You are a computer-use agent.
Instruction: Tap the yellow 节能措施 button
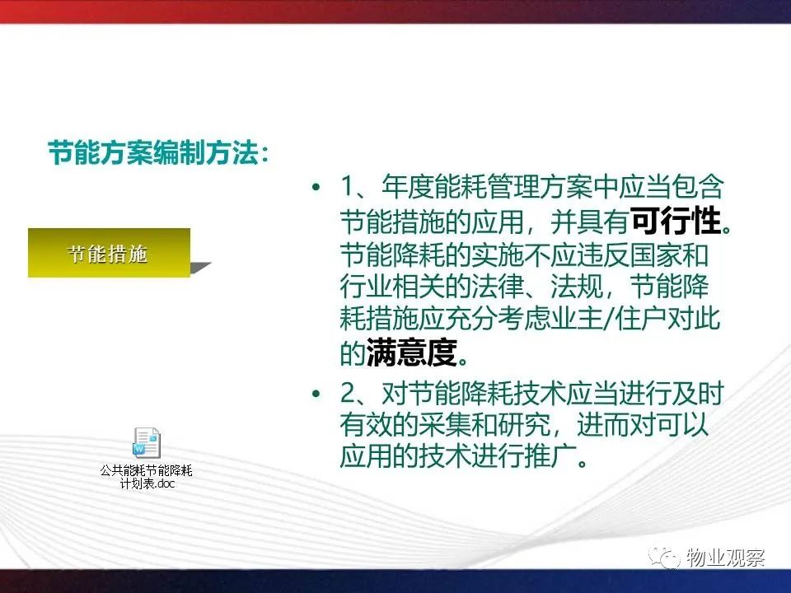tap(109, 253)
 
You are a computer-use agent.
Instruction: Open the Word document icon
tap(147, 443)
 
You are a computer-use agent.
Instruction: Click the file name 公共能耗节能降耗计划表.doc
tap(147, 477)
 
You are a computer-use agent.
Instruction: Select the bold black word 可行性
tap(676, 221)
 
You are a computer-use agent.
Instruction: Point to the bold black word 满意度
tap(412, 352)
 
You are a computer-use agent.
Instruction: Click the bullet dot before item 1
tap(316, 188)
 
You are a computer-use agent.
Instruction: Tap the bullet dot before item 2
tap(316, 394)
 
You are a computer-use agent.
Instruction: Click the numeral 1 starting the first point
tap(348, 187)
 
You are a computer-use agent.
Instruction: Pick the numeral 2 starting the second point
tap(348, 394)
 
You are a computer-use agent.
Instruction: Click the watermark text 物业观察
tap(726, 557)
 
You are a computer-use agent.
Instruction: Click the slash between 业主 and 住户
tap(609, 319)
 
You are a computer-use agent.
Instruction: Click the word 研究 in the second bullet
tap(524, 425)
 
